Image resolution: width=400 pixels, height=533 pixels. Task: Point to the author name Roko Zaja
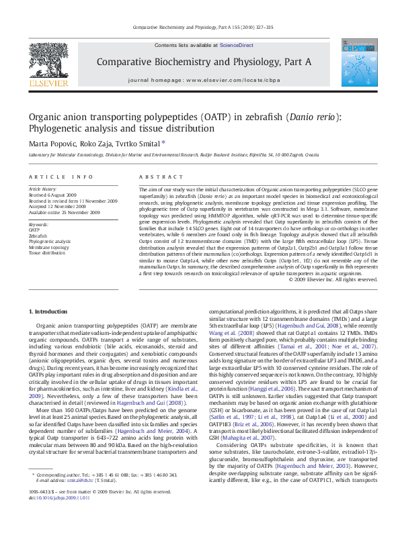103,143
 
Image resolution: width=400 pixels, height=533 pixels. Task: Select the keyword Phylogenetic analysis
49,241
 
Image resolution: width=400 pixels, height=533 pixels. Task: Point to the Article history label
43,190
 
